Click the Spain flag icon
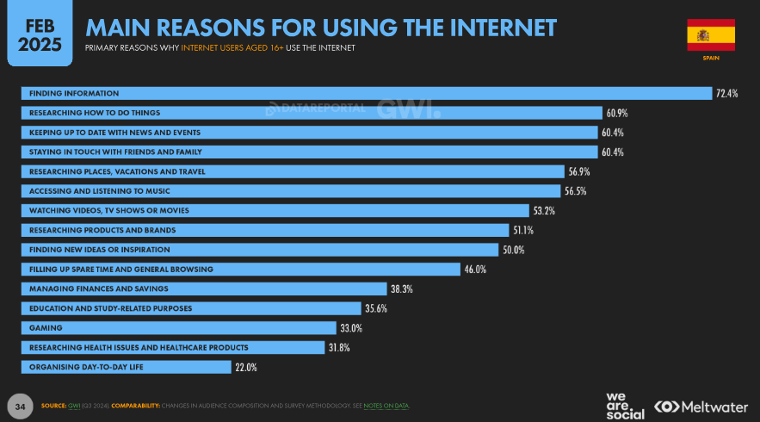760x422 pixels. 710,34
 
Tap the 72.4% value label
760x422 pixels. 727,93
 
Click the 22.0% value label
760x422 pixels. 246,368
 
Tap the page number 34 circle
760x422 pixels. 19,405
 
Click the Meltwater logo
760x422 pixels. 701,406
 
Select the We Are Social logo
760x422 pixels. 625,405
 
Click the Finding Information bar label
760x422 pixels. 74,93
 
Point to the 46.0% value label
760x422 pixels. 475,270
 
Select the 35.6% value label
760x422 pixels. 376,308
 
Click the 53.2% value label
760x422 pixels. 543,210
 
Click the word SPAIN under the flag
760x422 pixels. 710,59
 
